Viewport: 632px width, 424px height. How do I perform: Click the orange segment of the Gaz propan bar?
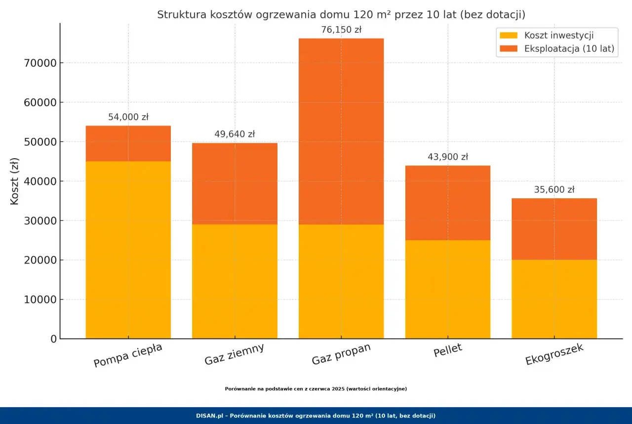tap(341, 131)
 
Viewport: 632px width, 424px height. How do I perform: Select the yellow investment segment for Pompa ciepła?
tap(128, 250)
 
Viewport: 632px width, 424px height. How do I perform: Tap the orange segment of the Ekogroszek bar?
tap(554, 229)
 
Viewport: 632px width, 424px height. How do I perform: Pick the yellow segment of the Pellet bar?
tap(448, 290)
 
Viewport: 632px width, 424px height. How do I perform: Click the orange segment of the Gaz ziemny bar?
tap(235, 183)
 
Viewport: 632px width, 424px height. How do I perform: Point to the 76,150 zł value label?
tap(341, 30)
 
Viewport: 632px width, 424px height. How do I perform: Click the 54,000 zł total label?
tap(128, 117)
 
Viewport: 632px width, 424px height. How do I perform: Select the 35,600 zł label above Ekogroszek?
tap(554, 189)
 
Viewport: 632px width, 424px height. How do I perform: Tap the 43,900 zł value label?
tap(448, 157)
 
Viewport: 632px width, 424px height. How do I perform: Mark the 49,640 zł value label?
tap(235, 134)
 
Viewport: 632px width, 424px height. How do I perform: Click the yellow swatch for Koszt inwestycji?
tap(509, 35)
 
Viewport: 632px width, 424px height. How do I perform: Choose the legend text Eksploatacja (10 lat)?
tap(569, 48)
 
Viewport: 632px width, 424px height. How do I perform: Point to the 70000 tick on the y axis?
tap(40, 63)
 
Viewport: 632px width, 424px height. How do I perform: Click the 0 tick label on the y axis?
tap(54, 339)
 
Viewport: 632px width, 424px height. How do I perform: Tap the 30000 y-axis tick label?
tap(40, 221)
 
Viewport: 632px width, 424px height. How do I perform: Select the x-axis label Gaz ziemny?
tap(234, 354)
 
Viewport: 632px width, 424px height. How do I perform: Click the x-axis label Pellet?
tap(448, 350)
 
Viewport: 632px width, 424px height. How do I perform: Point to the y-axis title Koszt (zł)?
tap(14, 181)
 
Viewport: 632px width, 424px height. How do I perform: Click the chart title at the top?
tap(341, 14)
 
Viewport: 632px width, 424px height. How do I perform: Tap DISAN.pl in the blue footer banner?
tap(209, 416)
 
